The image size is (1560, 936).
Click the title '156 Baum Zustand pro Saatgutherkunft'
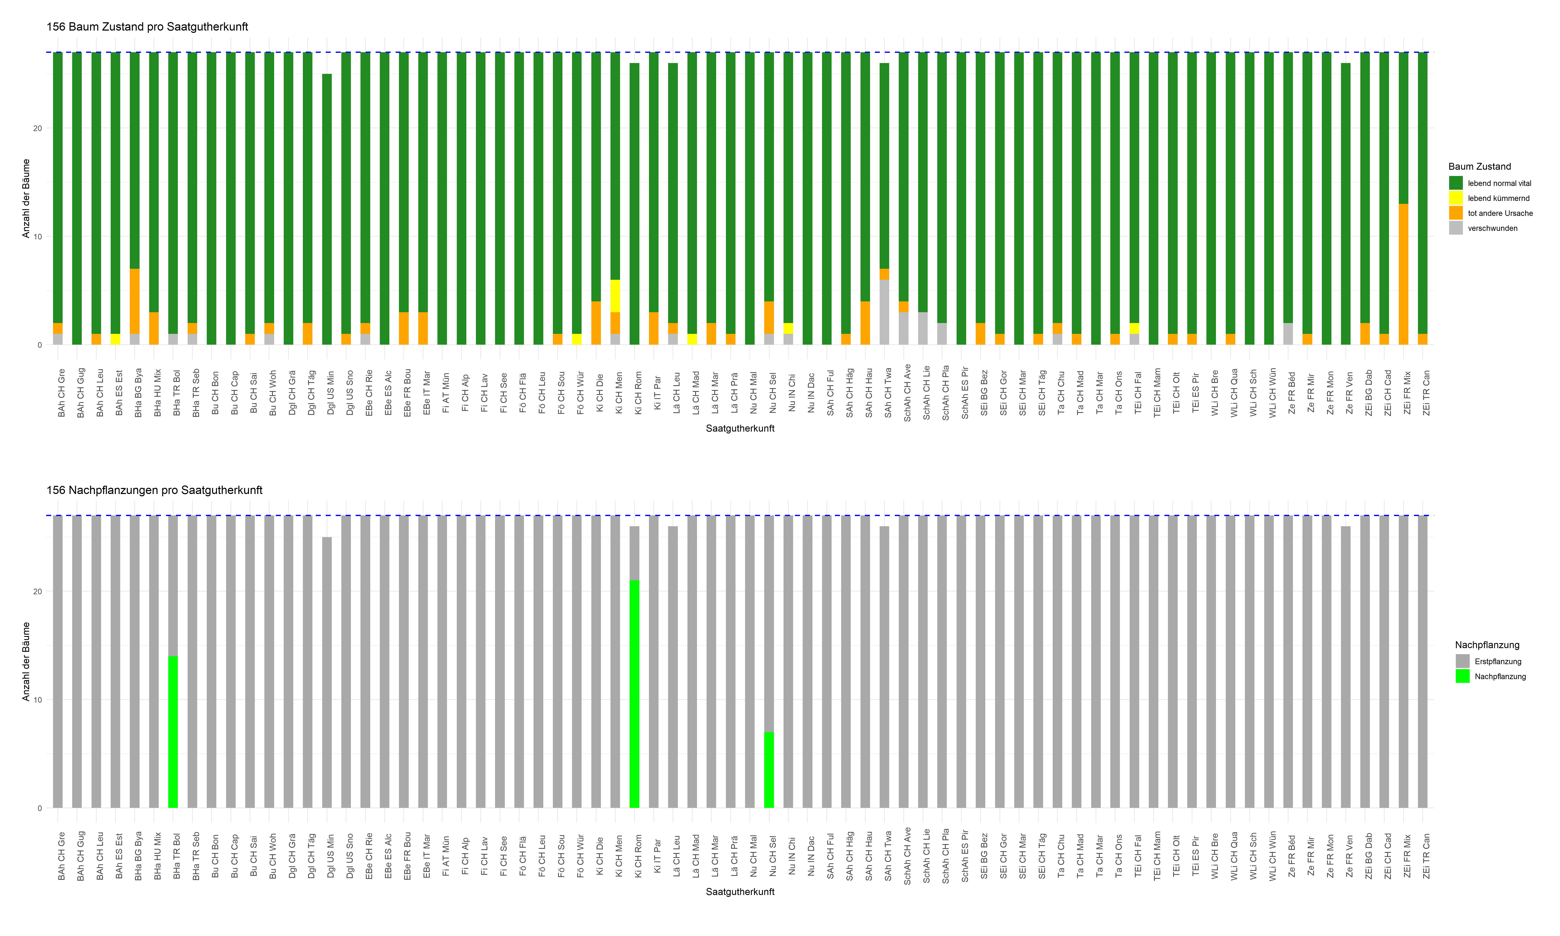pos(147,26)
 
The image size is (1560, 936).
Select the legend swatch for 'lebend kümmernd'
pos(1455,198)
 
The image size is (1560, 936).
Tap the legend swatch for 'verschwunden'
pos(1455,228)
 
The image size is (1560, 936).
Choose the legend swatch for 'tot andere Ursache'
pos(1455,213)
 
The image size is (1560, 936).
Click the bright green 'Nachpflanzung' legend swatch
pos(1462,676)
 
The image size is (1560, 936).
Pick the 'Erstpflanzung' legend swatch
pos(1462,661)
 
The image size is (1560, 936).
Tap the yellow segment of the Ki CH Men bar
pos(615,296)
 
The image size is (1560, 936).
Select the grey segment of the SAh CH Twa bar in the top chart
pos(884,312)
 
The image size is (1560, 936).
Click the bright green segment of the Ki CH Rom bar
pos(634,694)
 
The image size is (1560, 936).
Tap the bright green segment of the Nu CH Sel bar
pos(769,769)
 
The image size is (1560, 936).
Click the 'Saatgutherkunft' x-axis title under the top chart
pos(740,428)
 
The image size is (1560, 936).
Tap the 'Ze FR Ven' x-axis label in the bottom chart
pos(1349,856)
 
